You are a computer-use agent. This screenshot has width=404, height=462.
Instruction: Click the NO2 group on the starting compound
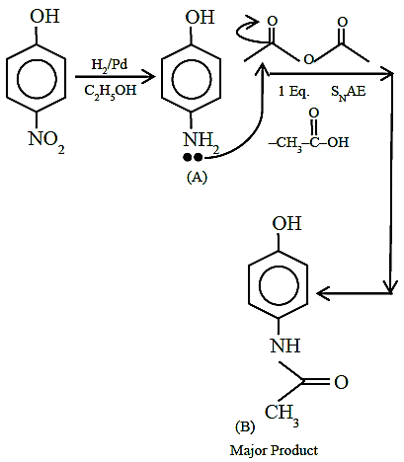click(x=46, y=141)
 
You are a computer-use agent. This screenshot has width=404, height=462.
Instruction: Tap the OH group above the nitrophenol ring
click(x=44, y=16)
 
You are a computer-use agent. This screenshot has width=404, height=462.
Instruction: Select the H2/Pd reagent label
click(x=110, y=64)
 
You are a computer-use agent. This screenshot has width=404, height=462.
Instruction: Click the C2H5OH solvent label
click(x=110, y=91)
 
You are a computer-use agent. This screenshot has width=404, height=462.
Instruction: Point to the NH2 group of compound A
click(x=202, y=142)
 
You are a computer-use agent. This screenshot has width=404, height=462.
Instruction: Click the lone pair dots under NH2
click(x=193, y=158)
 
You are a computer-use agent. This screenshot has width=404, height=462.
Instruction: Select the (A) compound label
click(x=197, y=177)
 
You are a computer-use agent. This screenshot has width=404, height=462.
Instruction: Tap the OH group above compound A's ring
click(x=200, y=17)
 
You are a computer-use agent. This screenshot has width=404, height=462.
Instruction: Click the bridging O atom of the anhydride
click(x=308, y=59)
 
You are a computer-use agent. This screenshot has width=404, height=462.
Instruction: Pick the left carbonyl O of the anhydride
click(x=272, y=21)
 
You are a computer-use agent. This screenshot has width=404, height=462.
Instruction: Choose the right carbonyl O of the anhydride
click(x=343, y=22)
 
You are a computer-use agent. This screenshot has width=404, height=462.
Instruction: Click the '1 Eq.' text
click(x=294, y=91)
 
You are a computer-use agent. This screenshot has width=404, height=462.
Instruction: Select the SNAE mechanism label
click(x=348, y=92)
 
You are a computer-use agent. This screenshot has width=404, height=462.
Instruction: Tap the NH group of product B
click(x=285, y=346)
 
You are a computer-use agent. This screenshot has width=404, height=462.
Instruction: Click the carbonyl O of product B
click(x=341, y=382)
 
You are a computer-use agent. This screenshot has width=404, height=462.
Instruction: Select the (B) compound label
click(x=245, y=426)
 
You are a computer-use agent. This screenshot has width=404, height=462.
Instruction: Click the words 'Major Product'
click(x=274, y=450)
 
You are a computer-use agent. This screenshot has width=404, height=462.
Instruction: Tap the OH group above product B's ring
click(x=286, y=223)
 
